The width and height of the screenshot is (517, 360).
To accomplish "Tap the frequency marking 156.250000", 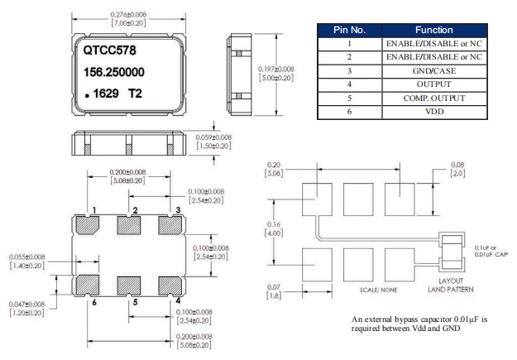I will (117, 73).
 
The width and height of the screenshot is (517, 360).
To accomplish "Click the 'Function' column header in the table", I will (428, 29).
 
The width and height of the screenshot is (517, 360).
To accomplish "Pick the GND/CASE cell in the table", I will (428, 70).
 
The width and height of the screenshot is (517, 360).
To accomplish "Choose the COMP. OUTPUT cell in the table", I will (428, 97).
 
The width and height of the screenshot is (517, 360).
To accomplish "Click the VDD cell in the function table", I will (428, 111).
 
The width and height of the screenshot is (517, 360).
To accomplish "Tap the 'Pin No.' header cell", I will (348, 29).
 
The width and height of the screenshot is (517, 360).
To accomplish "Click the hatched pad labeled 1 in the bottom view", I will (89, 225).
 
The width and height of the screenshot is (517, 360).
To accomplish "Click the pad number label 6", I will (95, 303).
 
